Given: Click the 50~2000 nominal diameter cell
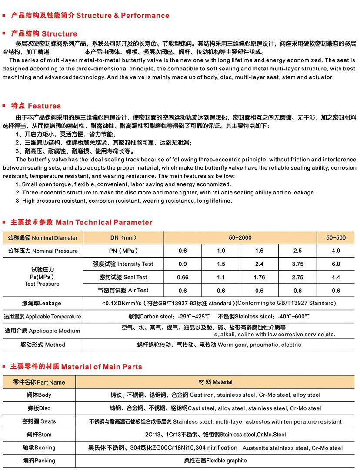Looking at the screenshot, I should (x=240, y=238).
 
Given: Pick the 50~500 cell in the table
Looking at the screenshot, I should (x=336, y=238).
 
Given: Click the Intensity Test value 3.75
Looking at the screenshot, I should (x=297, y=264).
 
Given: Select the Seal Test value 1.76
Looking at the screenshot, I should (x=259, y=278).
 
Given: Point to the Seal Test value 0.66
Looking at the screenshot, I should (x=183, y=278).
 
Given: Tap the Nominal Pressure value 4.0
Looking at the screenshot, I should (x=336, y=251).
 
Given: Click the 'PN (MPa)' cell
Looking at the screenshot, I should (x=123, y=251).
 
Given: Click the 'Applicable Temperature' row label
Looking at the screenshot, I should (x=42, y=317).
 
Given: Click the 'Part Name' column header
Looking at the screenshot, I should (x=39, y=382).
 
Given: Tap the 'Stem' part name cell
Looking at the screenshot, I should (x=39, y=435).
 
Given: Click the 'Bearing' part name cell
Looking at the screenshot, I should (x=39, y=448).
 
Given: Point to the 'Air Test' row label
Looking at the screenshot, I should (x=123, y=291).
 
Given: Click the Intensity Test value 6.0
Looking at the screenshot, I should (x=336, y=264).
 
